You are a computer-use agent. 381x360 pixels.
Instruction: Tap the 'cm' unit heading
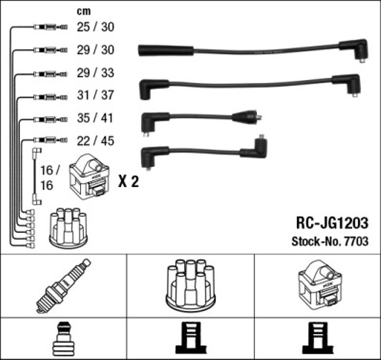point(84,11)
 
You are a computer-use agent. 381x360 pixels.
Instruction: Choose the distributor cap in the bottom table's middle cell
point(190,284)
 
